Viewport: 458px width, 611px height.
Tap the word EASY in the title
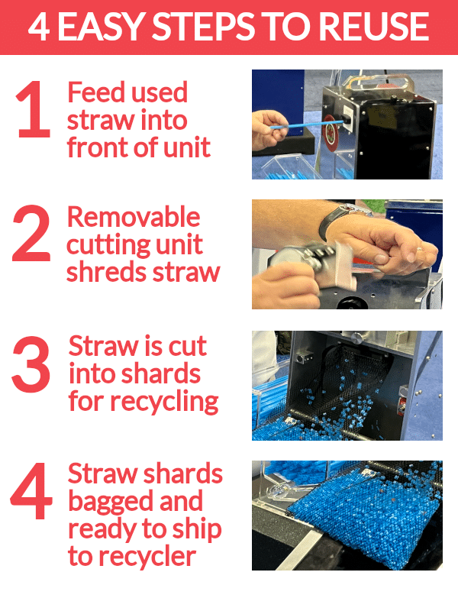pos(100,27)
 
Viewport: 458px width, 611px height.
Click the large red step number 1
pos(34,109)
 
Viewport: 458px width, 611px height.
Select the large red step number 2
pos(31,233)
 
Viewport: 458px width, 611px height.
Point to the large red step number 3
pos(31,364)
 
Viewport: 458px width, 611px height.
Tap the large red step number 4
pos(31,491)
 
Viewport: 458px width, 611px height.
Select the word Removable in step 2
pos(134,217)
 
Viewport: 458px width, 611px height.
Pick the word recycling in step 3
pos(164,402)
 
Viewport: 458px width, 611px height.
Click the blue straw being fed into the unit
pos(307,124)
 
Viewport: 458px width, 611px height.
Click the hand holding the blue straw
pos(269,130)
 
